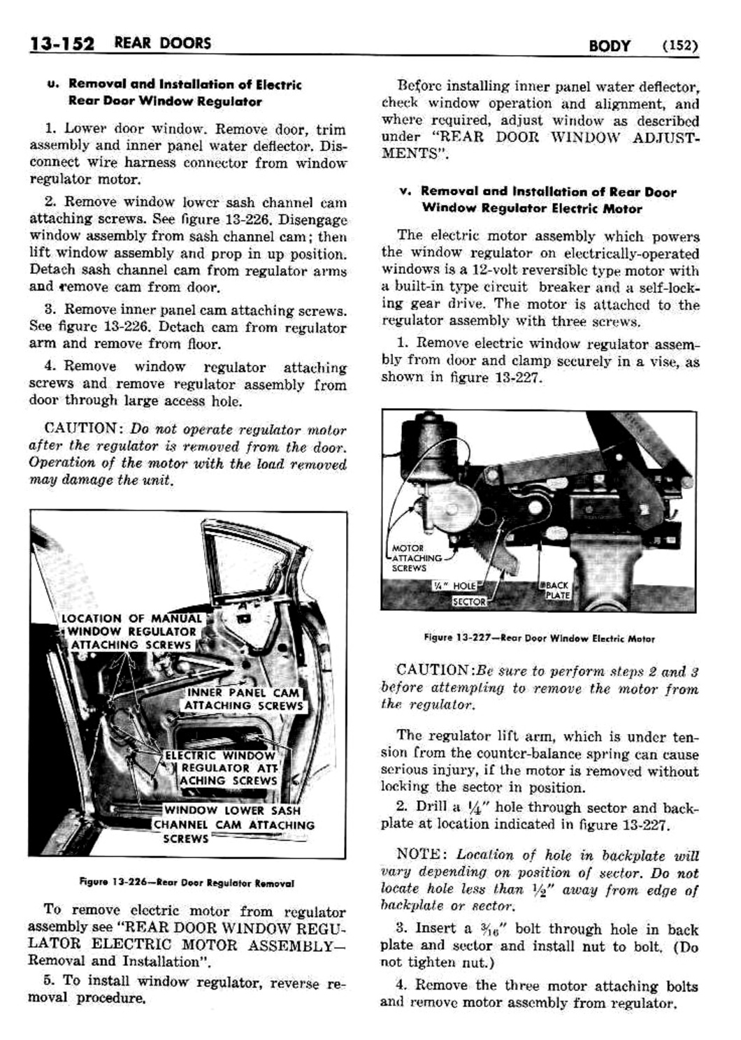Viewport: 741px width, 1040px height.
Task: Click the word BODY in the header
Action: (x=609, y=46)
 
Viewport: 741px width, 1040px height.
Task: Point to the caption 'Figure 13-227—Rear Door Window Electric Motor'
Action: (x=539, y=638)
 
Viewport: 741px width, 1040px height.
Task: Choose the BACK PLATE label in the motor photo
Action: (x=559, y=590)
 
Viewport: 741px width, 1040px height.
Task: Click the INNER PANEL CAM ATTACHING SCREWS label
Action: (x=243, y=699)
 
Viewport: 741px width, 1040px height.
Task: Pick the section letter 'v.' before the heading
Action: (x=403, y=191)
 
